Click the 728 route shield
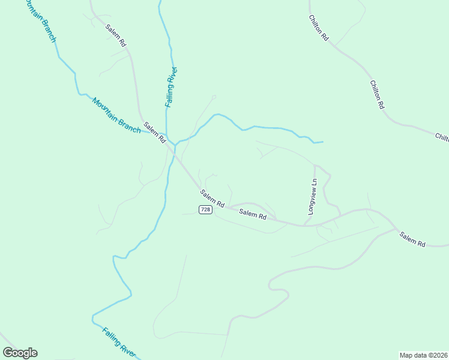point(205,209)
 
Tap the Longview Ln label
point(312,196)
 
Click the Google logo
point(20,353)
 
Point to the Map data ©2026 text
point(423,355)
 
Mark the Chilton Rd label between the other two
point(376,94)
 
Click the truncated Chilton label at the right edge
point(442,137)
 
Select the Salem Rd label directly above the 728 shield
point(212,198)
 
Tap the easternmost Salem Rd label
point(412,239)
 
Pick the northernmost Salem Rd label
point(115,36)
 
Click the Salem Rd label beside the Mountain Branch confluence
point(154,132)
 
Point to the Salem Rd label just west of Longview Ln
point(252,213)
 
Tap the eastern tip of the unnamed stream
point(323,142)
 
